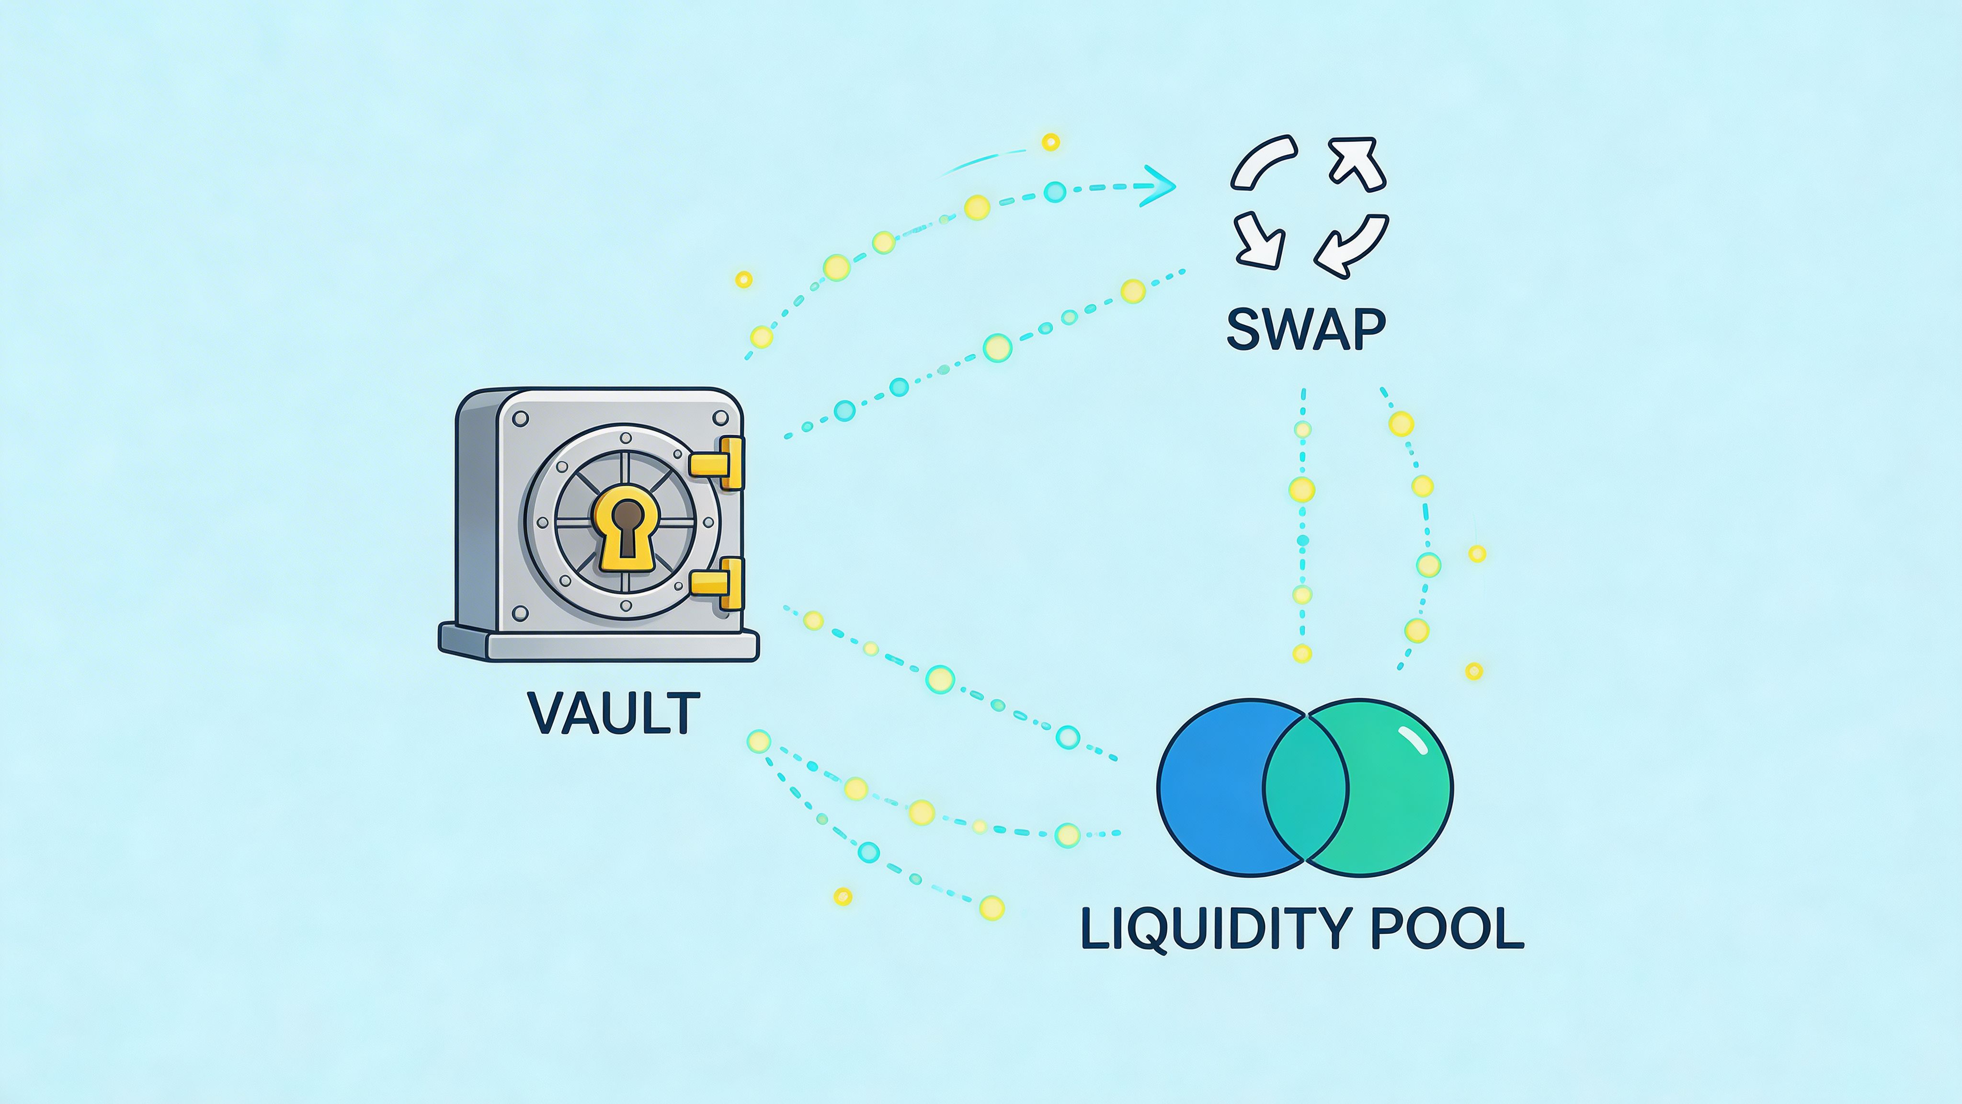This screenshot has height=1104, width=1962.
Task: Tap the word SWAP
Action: (1305, 329)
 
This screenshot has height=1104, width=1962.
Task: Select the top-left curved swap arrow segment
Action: (1261, 161)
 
